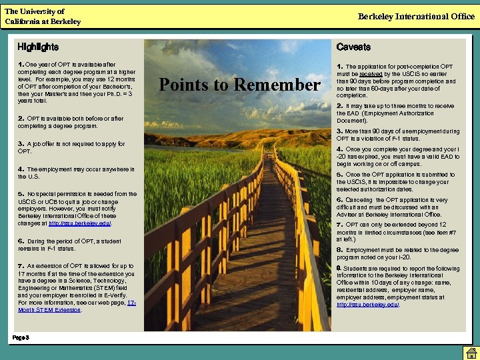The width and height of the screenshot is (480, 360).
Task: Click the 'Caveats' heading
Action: (353, 47)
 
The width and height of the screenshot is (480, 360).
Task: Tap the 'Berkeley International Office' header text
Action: (416, 17)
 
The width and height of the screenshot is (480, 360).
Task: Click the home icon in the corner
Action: (470, 352)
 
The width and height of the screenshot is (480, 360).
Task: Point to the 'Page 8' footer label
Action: (20, 338)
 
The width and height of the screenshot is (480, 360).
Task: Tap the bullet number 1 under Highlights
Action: (20, 64)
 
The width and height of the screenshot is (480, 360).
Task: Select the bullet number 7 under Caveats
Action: (339, 225)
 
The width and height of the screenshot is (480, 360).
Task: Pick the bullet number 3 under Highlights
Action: (20, 144)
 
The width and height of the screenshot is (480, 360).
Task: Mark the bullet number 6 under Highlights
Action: (20, 241)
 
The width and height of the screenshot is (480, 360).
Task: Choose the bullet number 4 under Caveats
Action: (339, 149)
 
